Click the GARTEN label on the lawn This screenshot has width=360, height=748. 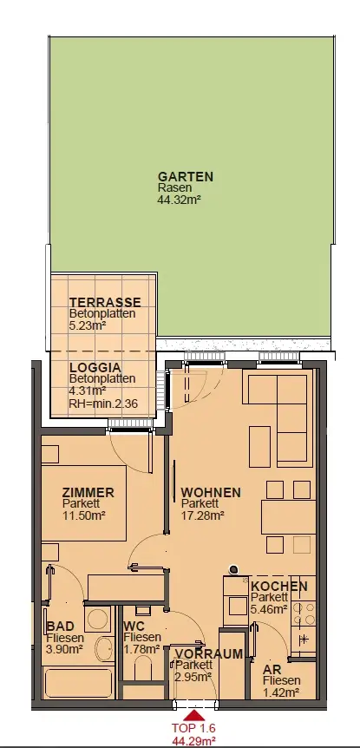tap(186, 176)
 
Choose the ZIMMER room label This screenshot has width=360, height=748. tap(88, 492)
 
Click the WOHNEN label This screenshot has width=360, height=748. tap(211, 492)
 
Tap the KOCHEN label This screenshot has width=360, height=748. tap(279, 587)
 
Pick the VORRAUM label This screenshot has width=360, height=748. tap(208, 653)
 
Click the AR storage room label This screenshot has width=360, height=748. tap(271, 669)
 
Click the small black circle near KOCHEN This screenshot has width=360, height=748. tap(233, 568)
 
